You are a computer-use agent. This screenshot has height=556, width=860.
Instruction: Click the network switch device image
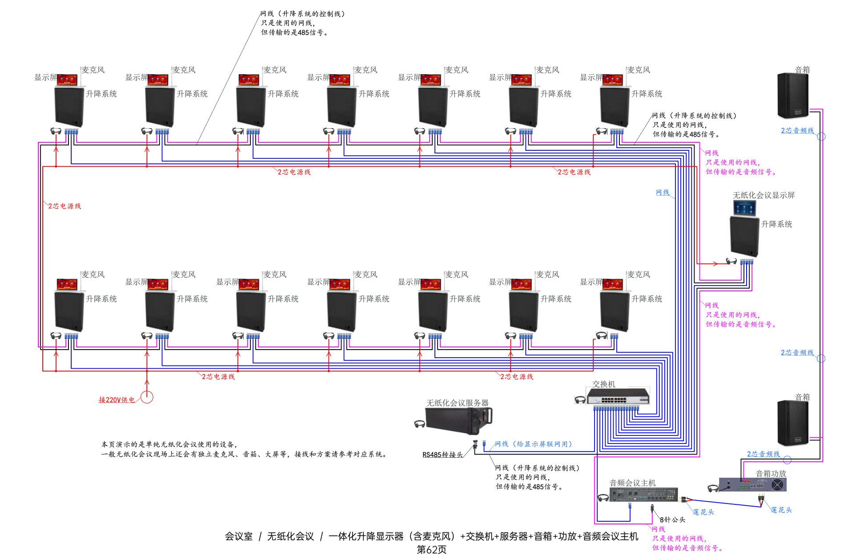click(618, 396)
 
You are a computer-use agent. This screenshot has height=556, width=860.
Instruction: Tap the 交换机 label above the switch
click(603, 384)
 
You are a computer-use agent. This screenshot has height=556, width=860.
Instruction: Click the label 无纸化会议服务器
click(457, 403)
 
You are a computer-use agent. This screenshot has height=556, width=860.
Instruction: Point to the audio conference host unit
click(643, 495)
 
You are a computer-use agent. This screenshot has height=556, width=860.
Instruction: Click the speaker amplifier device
click(753, 484)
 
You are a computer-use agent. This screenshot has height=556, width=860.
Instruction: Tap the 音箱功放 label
click(771, 474)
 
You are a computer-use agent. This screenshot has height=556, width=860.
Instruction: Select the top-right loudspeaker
click(792, 96)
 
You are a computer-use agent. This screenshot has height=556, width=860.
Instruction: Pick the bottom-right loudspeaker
click(792, 423)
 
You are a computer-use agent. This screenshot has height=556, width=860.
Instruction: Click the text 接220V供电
click(117, 400)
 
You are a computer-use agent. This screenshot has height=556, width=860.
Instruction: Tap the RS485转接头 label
click(442, 455)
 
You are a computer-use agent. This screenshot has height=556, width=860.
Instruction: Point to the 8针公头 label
click(672, 520)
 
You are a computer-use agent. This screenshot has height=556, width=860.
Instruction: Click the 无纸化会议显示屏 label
click(764, 195)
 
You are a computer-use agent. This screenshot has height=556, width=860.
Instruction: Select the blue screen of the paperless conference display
click(744, 208)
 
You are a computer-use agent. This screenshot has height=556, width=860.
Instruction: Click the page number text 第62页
click(431, 550)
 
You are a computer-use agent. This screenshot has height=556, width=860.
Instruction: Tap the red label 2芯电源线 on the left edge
click(64, 206)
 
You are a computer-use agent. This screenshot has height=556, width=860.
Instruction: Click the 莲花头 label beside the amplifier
click(781, 510)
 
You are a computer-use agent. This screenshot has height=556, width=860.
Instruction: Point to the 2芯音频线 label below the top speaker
click(797, 130)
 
